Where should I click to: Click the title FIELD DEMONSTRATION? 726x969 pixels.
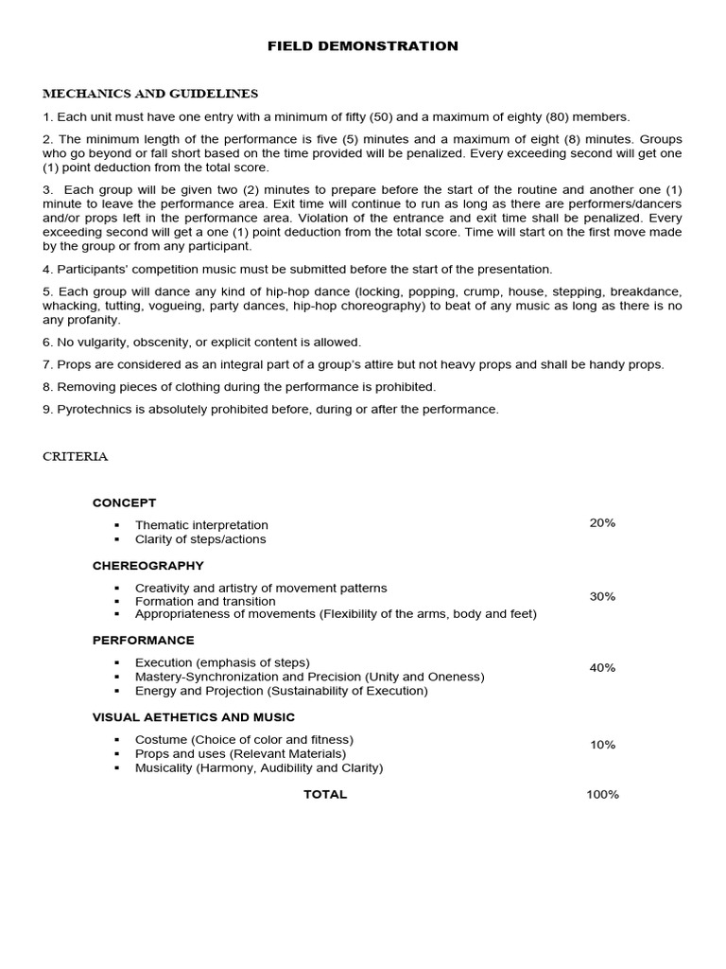point(362,45)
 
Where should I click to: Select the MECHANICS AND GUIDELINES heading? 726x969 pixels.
point(150,94)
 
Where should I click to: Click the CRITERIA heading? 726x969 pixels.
point(76,456)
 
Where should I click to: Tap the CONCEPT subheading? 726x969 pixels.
point(124,502)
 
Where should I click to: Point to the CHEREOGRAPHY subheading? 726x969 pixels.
point(147,565)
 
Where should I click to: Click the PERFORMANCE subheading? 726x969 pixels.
point(143,640)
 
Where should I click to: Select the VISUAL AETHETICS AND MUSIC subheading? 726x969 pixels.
point(193,717)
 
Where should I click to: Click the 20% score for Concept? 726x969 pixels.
point(602,522)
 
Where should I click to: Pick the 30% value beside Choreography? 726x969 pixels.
point(602,596)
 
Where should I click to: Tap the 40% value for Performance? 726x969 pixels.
point(602,667)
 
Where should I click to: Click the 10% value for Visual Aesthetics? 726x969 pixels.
point(602,745)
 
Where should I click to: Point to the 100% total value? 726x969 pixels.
point(602,794)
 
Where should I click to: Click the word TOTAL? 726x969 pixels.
point(325,794)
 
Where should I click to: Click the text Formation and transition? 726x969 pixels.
point(205,601)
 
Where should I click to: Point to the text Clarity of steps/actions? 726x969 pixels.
point(200,539)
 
